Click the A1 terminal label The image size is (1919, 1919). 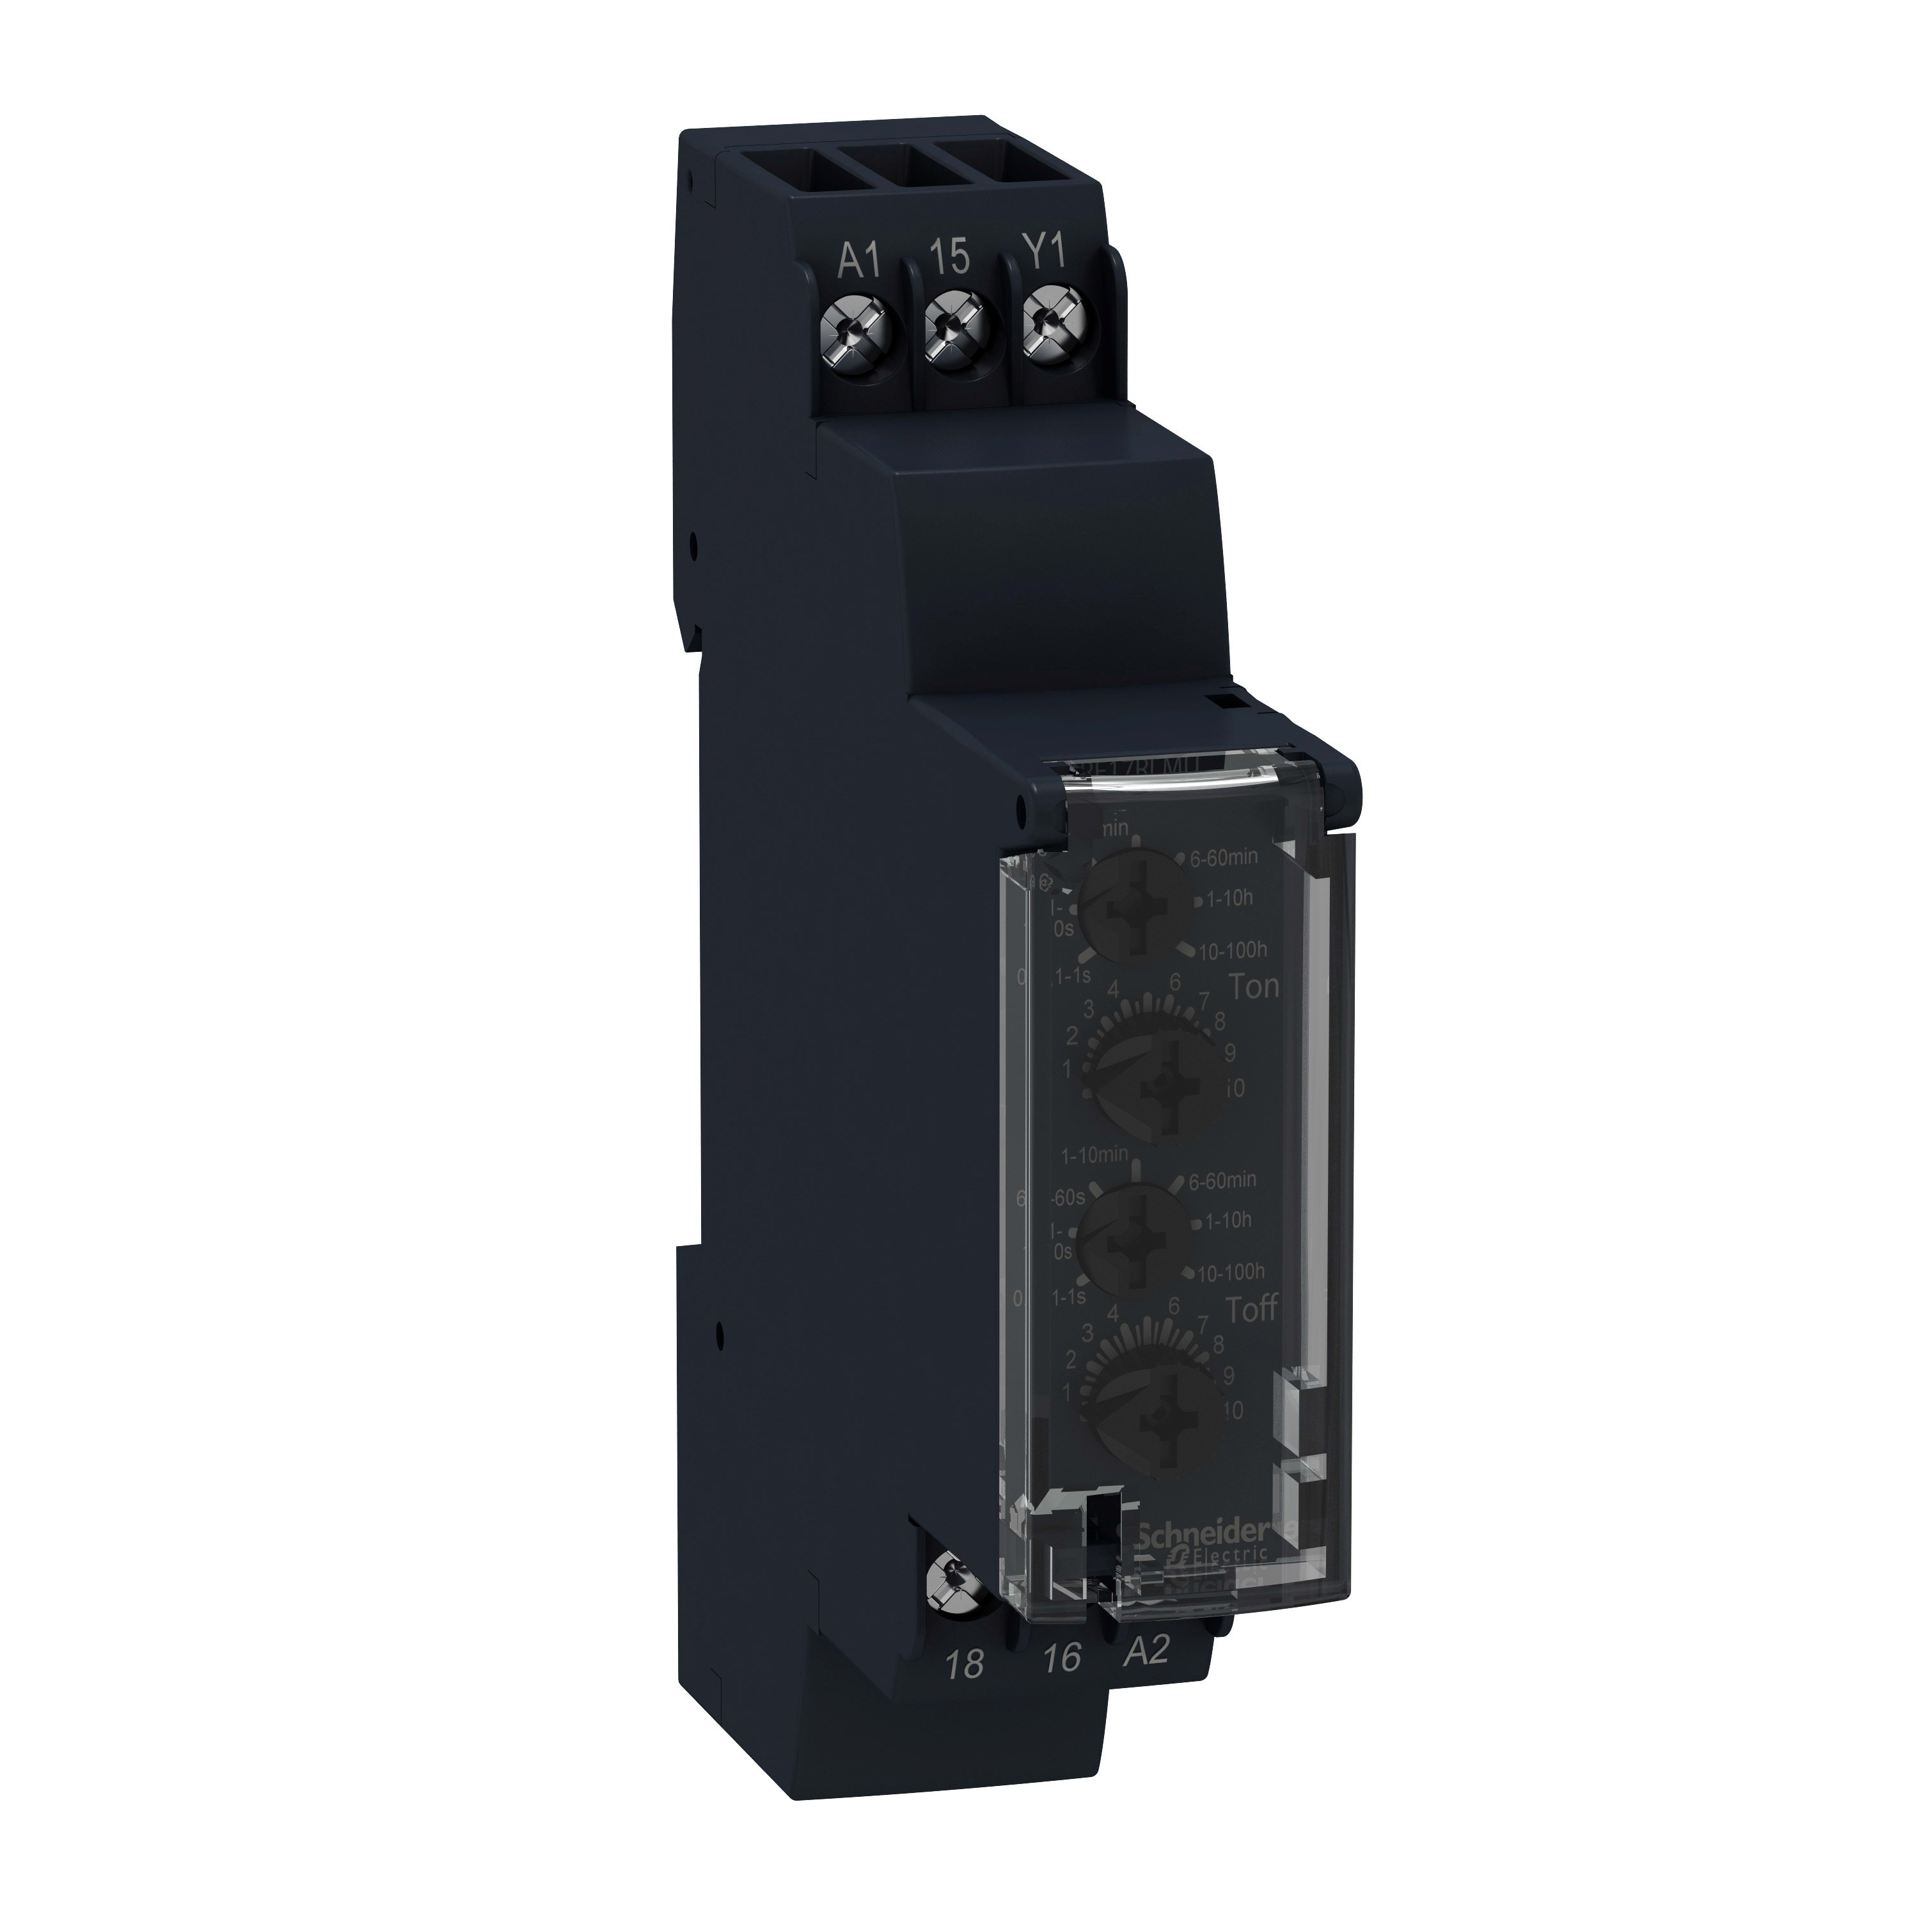click(x=860, y=261)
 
